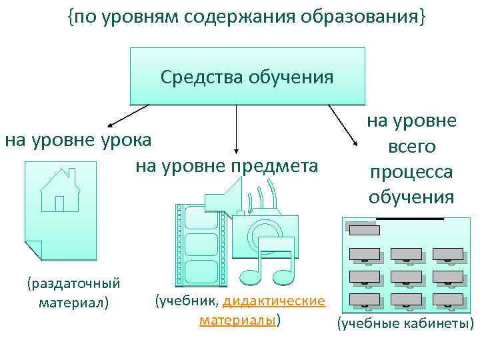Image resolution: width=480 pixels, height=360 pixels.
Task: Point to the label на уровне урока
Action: tap(79, 140)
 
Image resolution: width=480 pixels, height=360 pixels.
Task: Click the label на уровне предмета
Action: tap(227, 165)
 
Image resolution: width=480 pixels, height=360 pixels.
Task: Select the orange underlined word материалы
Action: tap(237, 320)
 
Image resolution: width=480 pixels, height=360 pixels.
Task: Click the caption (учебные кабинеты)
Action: tap(405, 324)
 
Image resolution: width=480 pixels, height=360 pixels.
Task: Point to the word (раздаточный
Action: tap(73, 284)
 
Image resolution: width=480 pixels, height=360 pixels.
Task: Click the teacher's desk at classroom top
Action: tap(364, 230)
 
